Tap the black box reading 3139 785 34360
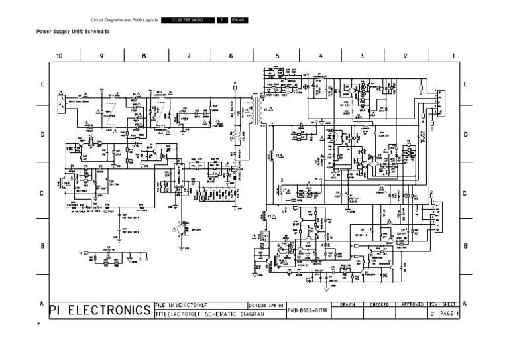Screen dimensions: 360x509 pos(187,20)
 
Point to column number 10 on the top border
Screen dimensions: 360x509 pos(60,56)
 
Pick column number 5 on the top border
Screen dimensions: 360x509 pos(277,56)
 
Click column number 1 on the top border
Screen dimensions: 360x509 pos(453,56)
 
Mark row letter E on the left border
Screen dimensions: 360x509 pos(42,85)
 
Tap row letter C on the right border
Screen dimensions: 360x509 pos(465,194)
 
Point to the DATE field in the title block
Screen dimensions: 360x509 pos(265,305)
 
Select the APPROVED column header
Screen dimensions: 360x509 pos(412,304)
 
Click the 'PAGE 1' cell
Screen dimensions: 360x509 pos(448,314)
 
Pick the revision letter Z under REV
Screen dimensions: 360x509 pos(433,314)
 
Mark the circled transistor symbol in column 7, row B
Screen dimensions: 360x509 pos(182,229)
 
